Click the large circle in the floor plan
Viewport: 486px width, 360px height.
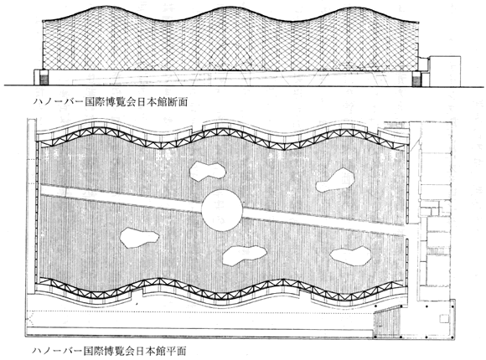(x=222, y=210)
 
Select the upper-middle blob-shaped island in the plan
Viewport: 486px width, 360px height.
(x=208, y=171)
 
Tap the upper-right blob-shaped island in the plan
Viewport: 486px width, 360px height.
(x=335, y=180)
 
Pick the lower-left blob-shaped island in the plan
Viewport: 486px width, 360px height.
(x=139, y=238)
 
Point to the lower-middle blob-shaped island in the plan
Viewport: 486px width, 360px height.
(x=245, y=255)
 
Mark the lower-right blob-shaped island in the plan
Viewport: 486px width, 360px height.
(x=350, y=256)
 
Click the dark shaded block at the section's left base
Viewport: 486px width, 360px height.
(x=44, y=78)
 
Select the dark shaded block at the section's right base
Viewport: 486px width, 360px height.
(x=416, y=79)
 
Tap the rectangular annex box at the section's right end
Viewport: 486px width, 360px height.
(x=445, y=71)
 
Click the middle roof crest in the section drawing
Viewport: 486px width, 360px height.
(x=225, y=7)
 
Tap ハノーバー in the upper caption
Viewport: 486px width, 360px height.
(x=59, y=102)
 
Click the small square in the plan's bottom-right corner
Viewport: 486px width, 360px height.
(x=444, y=318)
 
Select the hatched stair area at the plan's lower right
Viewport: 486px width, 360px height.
(x=388, y=321)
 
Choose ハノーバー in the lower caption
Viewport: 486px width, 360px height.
(x=58, y=351)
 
